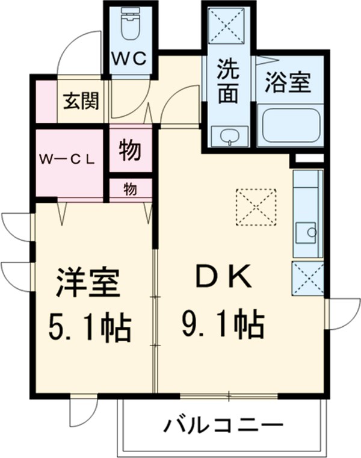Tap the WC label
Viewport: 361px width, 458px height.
[129, 60]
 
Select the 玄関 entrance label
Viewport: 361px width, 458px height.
[81, 101]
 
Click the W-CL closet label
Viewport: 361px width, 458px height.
[67, 159]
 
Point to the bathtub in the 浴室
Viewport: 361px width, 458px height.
[291, 126]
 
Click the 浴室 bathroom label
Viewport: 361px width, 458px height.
[288, 82]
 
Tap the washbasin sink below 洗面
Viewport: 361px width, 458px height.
[230, 136]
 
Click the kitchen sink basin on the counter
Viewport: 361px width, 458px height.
[306, 232]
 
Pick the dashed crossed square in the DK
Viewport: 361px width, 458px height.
[256, 207]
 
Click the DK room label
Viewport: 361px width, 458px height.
[224, 276]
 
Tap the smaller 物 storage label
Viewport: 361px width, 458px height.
[130, 189]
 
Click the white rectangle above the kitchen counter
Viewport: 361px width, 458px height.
[309, 159]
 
